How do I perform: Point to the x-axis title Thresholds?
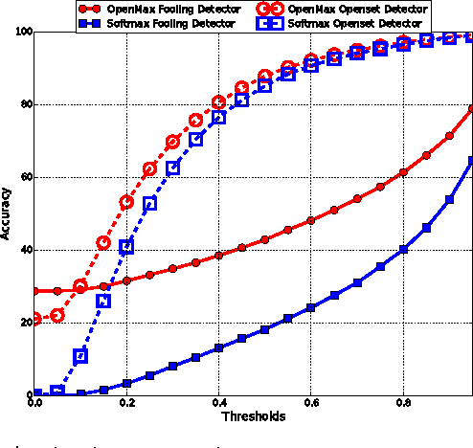tap(253, 416)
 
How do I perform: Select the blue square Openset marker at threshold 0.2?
tap(126, 246)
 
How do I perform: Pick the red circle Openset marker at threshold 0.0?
tap(35, 319)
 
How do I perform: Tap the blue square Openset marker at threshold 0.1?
tap(80, 356)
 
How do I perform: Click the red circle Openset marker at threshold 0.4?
tap(218, 102)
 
